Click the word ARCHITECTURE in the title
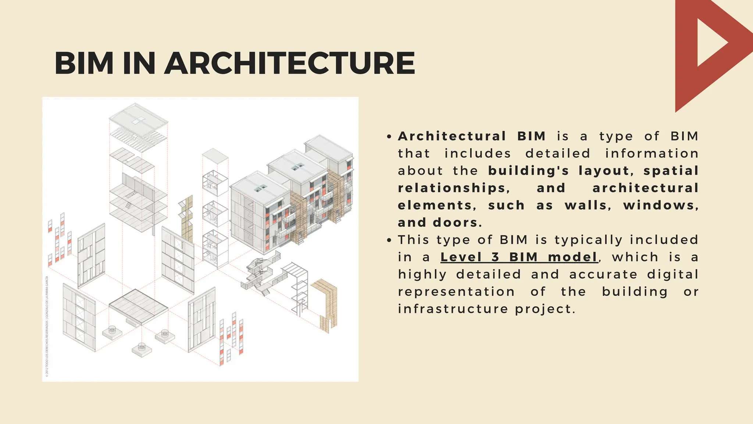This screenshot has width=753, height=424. point(290,63)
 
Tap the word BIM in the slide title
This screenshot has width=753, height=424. point(84,63)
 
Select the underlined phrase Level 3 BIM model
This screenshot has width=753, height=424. point(519,257)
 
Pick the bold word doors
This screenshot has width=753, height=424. point(457,223)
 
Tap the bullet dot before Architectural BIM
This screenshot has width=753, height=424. point(390,137)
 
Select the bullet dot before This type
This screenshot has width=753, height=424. point(390,241)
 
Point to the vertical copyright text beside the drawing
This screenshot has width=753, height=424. point(47,326)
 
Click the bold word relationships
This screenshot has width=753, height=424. point(453,188)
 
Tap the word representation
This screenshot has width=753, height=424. point(456,291)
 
